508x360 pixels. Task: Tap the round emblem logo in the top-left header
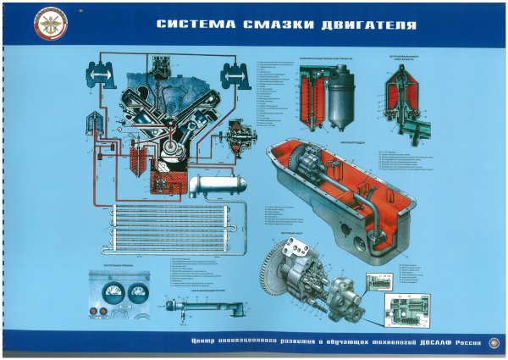[32, 25]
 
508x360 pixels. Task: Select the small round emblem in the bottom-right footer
[493, 343]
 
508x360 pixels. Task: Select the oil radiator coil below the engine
[169, 229]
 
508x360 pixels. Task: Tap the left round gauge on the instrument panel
[110, 296]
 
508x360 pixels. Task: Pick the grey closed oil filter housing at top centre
[345, 97]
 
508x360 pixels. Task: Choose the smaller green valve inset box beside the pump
[378, 283]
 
